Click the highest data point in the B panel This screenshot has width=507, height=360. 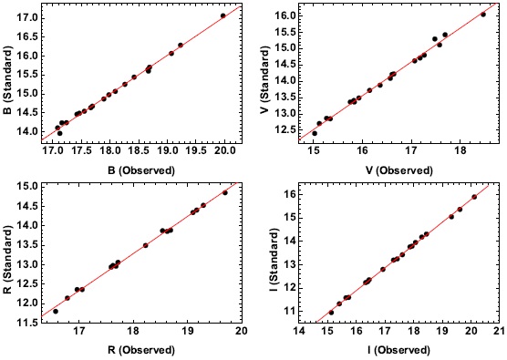point(223,15)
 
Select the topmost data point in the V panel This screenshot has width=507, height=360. point(483,15)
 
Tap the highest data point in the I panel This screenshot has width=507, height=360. point(474,197)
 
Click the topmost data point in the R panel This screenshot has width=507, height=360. point(225,192)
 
